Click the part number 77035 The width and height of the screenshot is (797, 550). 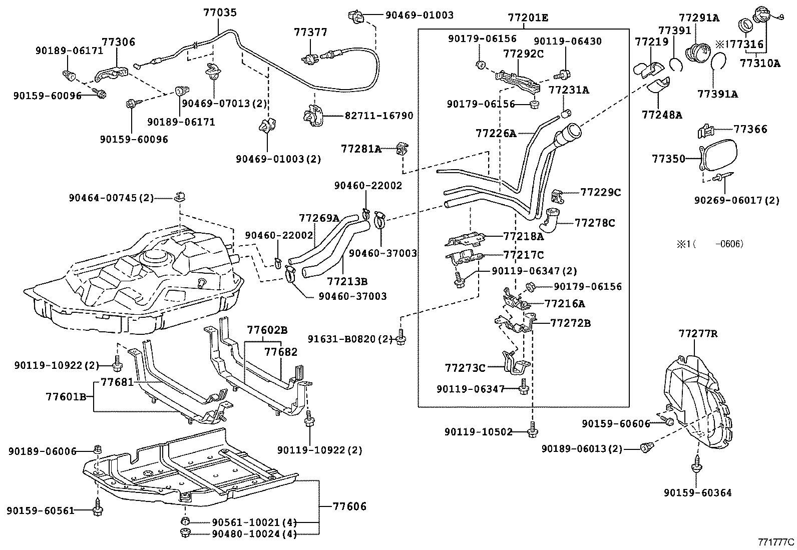[x=220, y=13]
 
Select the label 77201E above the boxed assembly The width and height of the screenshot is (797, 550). [x=528, y=18]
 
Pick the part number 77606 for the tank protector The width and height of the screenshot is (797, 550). [x=349, y=506]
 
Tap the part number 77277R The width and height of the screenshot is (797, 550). [x=698, y=333]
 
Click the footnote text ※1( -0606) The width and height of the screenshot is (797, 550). [x=710, y=244]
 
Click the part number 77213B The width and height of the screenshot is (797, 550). [x=347, y=281]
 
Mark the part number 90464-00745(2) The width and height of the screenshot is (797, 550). [x=111, y=198]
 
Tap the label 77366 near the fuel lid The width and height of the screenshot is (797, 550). [x=750, y=129]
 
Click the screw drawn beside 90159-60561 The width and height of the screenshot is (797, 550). [x=97, y=507]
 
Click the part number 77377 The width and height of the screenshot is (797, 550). [x=310, y=33]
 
